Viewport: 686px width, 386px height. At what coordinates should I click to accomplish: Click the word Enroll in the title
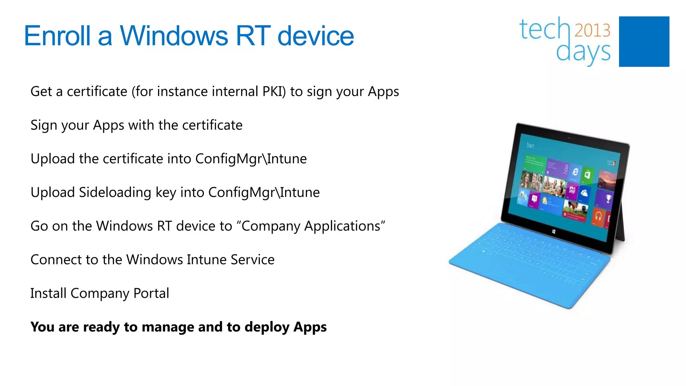point(57,36)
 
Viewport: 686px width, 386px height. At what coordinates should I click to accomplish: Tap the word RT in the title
point(253,36)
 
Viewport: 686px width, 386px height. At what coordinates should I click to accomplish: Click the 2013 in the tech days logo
point(593,30)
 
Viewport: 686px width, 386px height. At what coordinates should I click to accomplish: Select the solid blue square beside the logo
point(644,42)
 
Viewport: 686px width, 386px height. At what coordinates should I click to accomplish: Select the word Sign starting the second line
point(44,125)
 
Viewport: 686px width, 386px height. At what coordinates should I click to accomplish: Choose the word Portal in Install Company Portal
point(151,293)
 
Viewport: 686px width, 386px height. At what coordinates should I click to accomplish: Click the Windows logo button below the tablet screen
point(554,232)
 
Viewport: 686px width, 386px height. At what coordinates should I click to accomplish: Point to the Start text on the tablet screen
point(530,145)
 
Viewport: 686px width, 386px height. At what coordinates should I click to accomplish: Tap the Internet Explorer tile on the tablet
point(575,172)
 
